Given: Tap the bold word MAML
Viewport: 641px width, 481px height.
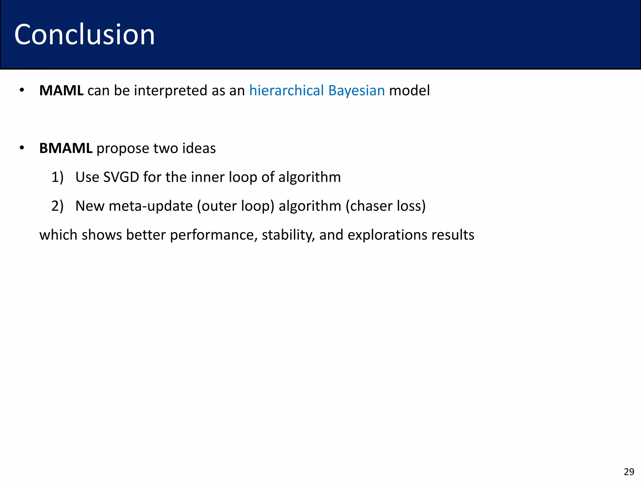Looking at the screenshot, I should click(61, 91).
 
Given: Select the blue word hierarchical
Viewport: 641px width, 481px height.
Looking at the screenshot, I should click(286, 91).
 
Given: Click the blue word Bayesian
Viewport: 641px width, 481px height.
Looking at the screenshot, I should click(356, 91).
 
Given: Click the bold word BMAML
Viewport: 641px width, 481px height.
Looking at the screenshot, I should click(66, 148).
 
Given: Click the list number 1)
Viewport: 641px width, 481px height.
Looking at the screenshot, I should click(57, 177).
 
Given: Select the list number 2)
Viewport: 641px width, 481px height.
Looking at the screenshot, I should click(57, 206).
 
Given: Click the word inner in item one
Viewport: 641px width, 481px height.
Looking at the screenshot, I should click(208, 177).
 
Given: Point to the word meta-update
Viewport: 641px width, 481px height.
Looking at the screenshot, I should click(151, 206).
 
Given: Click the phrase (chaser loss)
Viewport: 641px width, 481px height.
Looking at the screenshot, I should click(386, 206).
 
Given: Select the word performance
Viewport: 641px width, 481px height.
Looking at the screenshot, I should click(213, 235).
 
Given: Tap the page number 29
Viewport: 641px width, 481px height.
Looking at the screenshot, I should click(629, 472).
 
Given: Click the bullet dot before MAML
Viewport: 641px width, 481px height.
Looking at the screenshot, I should click(22, 91).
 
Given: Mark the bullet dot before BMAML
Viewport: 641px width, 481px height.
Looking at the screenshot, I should click(22, 148).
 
